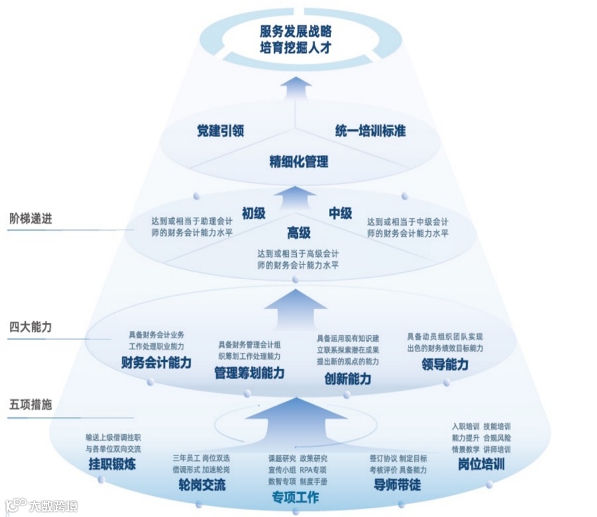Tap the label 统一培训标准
tap(370, 131)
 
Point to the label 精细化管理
tap(299, 162)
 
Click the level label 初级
tap(253, 213)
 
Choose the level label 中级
tap(340, 213)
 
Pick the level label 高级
tap(299, 233)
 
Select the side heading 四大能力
tap(31, 326)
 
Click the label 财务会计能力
tap(156, 363)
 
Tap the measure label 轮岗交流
tap(202, 484)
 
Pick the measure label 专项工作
tap(295, 497)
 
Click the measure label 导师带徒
tap(397, 484)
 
